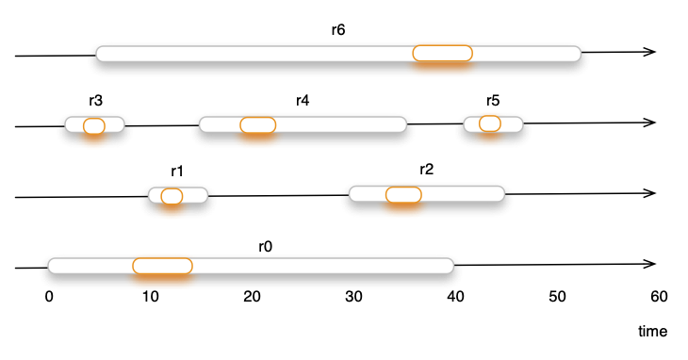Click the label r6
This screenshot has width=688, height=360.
(x=338, y=29)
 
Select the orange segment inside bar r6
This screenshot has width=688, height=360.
(x=442, y=54)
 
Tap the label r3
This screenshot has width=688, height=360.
(x=93, y=101)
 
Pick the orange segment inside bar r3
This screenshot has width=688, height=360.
(x=93, y=125)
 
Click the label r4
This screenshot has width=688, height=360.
(x=303, y=101)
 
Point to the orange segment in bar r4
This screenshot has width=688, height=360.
(x=257, y=124)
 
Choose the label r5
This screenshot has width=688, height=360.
(x=493, y=101)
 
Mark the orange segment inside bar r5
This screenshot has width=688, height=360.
(x=490, y=123)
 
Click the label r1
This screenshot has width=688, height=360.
(x=177, y=172)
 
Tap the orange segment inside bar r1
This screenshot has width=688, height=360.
(x=172, y=196)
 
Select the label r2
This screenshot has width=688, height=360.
(x=426, y=170)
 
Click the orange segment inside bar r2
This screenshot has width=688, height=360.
(x=403, y=194)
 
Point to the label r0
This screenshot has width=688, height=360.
(x=265, y=246)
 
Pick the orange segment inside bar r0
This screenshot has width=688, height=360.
(x=162, y=266)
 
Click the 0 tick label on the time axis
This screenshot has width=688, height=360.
(x=49, y=297)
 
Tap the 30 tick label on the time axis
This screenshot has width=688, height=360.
(x=354, y=297)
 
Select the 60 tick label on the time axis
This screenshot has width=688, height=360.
(x=659, y=297)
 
